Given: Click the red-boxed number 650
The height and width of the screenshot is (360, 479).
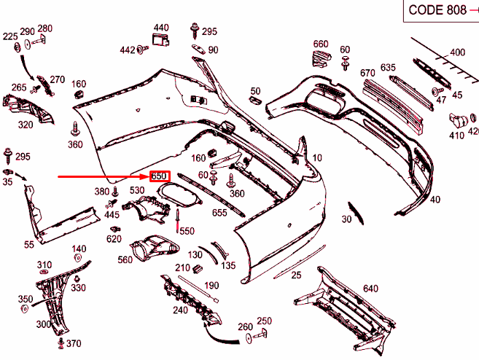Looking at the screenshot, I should pos(160,176).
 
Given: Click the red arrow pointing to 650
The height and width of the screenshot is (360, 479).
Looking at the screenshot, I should pos(102,176).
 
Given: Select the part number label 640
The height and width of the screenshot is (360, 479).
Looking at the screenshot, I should pos(370,289).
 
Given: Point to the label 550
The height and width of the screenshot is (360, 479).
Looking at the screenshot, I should pos(187,231).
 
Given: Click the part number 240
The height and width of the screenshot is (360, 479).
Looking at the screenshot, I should pos(180,310).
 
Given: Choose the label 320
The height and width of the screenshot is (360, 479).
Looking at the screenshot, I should pos(26,125).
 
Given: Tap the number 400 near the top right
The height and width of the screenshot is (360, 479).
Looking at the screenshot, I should pos(456,52).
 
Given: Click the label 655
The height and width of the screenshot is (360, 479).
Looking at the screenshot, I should pos(219,213).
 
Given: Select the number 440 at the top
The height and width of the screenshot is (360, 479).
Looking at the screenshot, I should pos(160,27).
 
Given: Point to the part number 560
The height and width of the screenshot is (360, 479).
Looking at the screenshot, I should pos(125,259).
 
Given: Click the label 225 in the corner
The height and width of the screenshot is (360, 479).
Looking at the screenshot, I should pos(10,36).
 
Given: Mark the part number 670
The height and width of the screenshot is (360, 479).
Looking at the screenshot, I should pos(367,72).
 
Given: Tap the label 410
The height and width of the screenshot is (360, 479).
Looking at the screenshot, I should pos(456,136).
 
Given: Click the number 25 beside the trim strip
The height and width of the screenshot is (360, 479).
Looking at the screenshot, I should pos(296,275).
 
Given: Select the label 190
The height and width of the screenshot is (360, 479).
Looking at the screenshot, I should pos(212,286).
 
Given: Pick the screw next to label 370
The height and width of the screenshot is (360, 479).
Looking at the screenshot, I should pos(61,342).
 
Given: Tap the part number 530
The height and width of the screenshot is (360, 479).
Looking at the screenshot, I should pos(137,190).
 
